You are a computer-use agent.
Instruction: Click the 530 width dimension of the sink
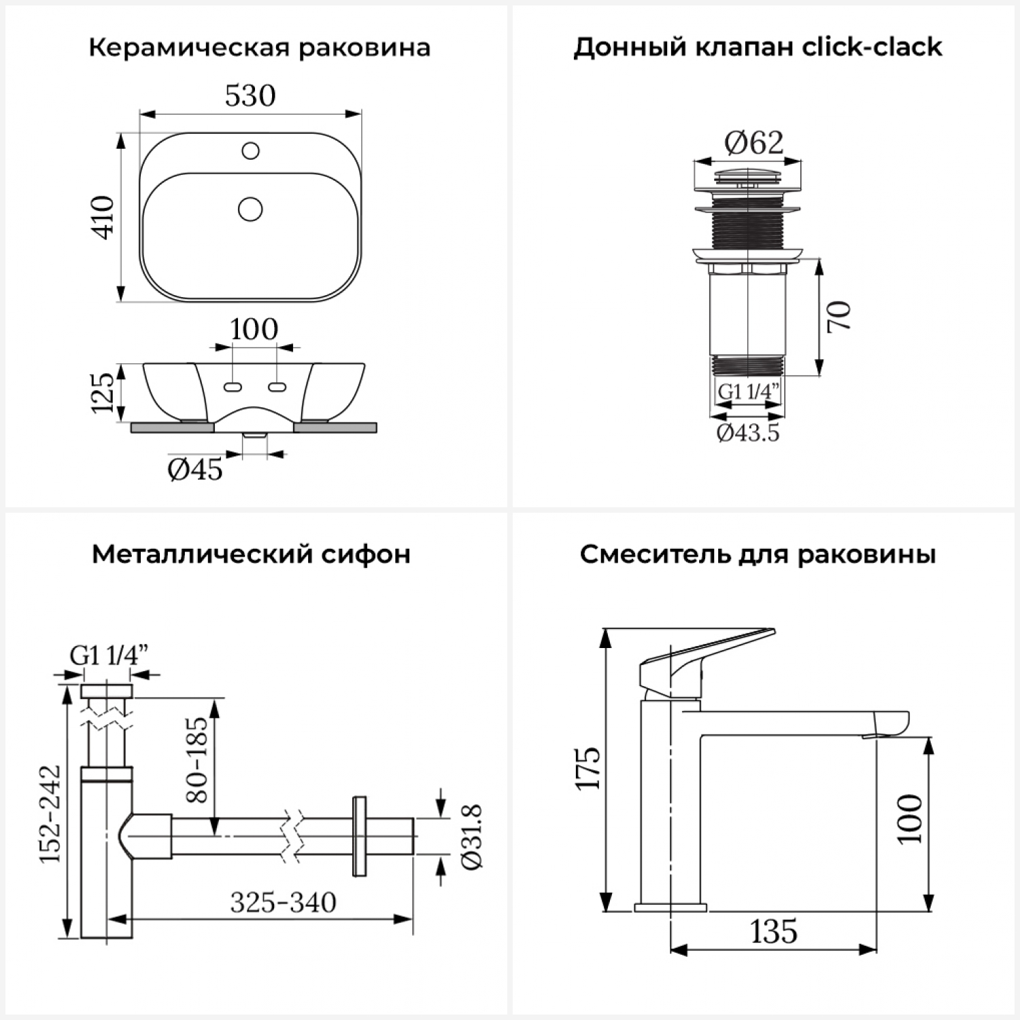pos(250,96)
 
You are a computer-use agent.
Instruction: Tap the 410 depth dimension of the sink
pos(103,217)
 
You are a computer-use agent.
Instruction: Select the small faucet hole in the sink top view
pos(250,150)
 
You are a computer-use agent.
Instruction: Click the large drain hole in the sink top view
pos(250,209)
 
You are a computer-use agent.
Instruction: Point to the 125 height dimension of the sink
pos(103,392)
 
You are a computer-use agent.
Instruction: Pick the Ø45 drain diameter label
pos(195,470)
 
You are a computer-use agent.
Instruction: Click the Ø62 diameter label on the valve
pos(753,143)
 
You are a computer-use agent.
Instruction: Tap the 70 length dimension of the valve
pos(840,316)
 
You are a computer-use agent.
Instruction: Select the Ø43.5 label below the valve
pos(748,432)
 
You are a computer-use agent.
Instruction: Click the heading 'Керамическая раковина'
pos(259,48)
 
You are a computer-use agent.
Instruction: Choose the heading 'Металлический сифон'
pos(251,554)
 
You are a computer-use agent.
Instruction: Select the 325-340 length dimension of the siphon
pos(283,903)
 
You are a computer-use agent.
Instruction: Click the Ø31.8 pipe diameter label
pos(471,836)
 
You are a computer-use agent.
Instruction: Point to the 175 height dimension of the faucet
pos(589,768)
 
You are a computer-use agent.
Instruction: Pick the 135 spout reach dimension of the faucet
pos(774,931)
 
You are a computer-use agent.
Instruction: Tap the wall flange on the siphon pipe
pos(358,836)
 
